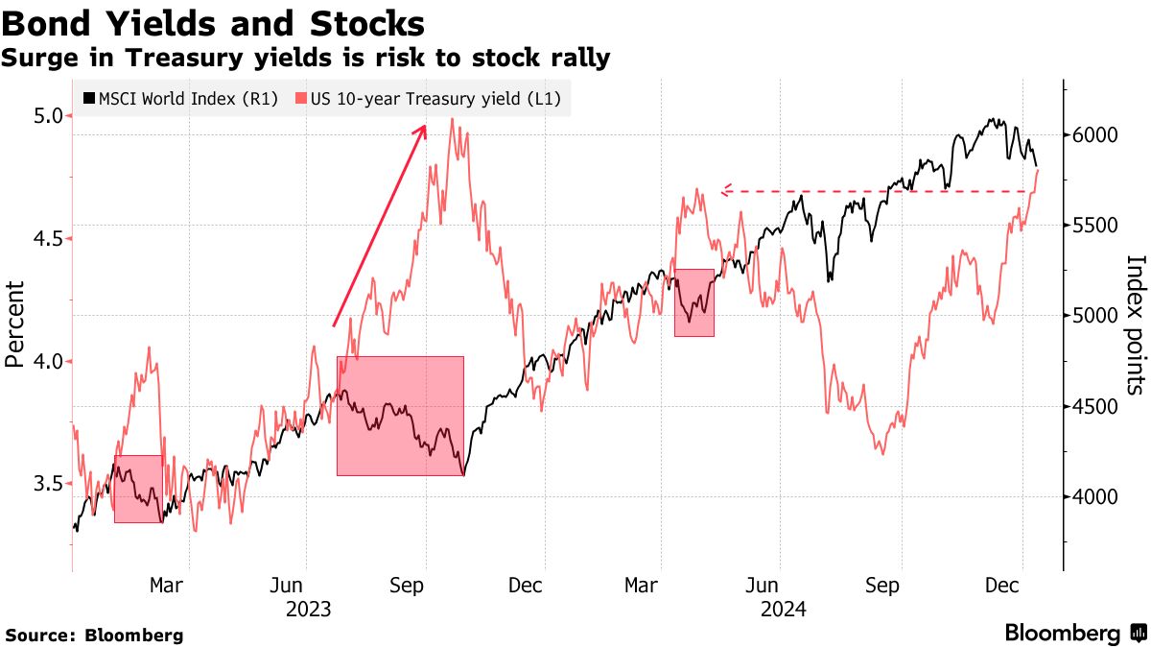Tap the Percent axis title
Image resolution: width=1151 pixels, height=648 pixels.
point(14,324)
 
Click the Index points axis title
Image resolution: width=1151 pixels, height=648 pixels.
point(1136,324)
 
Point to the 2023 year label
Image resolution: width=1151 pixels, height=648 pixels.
point(308,609)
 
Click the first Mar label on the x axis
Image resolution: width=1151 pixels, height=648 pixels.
point(166,584)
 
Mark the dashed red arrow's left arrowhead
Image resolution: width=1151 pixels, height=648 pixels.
point(725,191)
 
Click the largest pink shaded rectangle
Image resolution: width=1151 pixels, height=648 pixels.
point(400,416)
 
